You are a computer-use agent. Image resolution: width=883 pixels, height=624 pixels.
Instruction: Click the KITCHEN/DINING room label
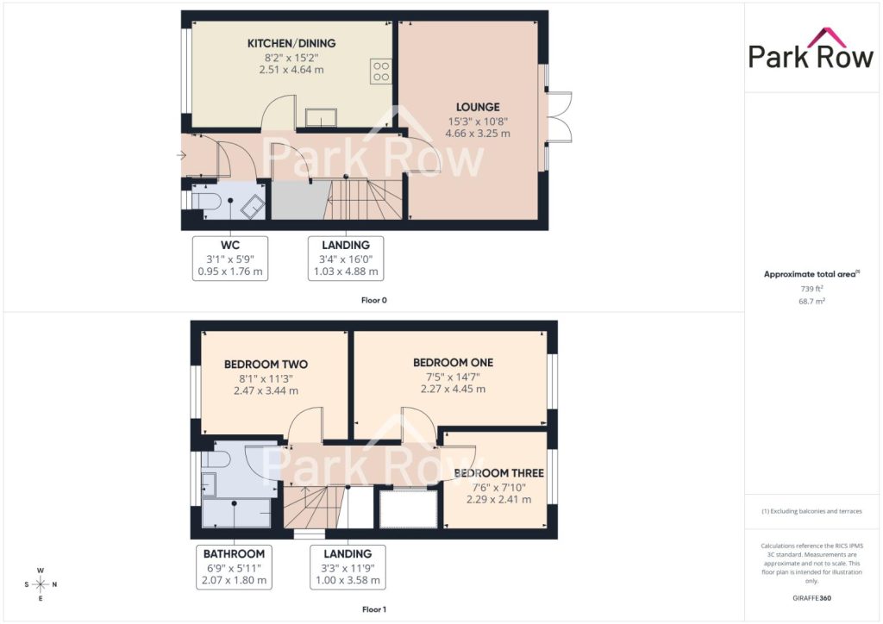coord(291,43)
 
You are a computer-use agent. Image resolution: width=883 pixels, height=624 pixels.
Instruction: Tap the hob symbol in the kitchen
coord(381,72)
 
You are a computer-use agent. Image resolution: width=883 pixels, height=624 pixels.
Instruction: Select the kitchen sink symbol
coord(321,117)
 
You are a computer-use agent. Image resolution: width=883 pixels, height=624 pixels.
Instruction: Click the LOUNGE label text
coord(478,107)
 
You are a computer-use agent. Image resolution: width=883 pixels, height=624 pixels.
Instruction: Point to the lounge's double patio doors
coord(559,116)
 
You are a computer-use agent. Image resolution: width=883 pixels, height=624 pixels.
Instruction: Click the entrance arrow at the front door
coord(181,155)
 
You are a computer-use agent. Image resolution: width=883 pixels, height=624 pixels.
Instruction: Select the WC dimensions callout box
coord(230,259)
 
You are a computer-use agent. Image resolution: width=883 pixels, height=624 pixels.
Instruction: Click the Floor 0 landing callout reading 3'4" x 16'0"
coord(346,259)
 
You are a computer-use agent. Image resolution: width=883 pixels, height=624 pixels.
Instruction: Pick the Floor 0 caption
coord(374,301)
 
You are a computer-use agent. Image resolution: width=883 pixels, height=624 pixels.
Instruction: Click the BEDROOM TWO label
coord(266,364)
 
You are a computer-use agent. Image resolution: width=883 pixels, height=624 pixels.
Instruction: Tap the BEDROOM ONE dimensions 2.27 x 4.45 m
coord(453,389)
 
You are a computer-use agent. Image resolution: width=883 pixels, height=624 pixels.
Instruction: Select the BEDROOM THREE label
coord(499,473)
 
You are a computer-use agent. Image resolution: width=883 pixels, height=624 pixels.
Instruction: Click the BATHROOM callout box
coord(234,567)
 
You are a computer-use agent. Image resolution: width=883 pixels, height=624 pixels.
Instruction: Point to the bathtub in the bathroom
coord(236,513)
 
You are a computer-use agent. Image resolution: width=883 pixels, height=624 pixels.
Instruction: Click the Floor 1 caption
coord(374,609)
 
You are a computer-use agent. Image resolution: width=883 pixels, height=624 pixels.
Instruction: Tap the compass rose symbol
coord(41,584)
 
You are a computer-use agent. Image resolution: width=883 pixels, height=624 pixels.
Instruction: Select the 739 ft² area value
coord(811,289)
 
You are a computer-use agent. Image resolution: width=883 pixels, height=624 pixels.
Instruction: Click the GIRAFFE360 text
coord(811,598)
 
